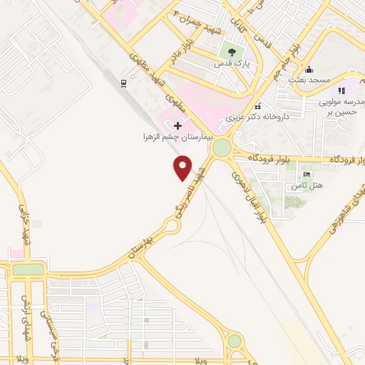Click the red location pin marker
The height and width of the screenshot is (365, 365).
point(183,168)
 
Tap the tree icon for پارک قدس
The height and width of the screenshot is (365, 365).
point(230,51)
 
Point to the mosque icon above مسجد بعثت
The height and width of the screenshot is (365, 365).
point(309,70)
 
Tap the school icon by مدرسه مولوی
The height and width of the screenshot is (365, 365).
point(342,91)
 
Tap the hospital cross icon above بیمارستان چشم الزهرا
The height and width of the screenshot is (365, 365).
point(178,126)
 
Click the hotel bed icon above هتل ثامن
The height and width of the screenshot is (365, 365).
point(307,175)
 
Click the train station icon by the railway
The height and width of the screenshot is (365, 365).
point(123,83)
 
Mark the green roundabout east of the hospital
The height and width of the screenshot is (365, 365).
point(222,148)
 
